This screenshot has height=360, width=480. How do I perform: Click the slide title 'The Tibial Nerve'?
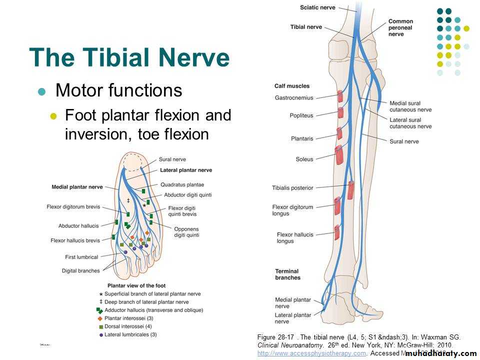click(129, 58)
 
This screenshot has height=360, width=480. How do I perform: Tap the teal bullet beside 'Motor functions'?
click(42, 91)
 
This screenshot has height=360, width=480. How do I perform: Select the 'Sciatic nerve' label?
click(317, 7)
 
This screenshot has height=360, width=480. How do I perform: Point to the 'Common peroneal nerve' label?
click(400, 28)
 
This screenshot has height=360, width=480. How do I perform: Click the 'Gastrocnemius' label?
click(294, 97)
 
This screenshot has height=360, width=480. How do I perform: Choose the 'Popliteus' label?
click(301, 115)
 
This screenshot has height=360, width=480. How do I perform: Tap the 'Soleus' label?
click(304, 159)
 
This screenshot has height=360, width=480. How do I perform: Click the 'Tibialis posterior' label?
click(292, 188)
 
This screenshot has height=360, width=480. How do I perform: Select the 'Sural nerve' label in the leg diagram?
click(404, 141)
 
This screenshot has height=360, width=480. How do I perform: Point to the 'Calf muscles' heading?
click(292, 86)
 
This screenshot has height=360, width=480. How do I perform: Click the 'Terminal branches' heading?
click(288, 274)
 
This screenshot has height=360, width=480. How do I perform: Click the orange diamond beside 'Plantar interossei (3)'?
click(100, 318)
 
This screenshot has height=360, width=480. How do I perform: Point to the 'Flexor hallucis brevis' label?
click(75, 240)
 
